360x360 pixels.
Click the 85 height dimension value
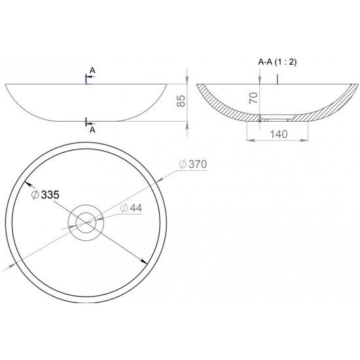coord(181,101)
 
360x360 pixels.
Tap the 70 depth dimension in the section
coord(253,98)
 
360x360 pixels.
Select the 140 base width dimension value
coord(279,134)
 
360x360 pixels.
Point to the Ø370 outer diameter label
coord(193,164)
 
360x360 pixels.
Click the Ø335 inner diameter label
coord(45,195)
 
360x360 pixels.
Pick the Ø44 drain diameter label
coord(131,208)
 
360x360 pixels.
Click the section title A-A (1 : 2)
coord(278,62)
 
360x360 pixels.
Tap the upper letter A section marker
coord(92,70)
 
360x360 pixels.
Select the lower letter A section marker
coord(92,130)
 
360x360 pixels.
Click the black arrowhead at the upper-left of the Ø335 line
coord(27,184)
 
